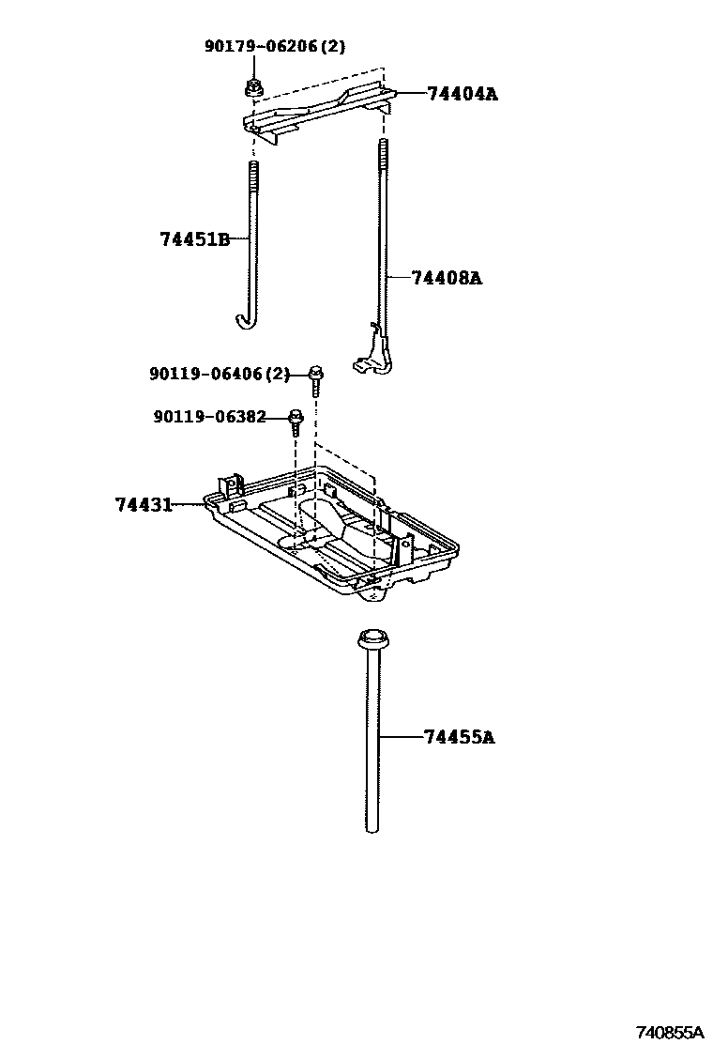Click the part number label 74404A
tap(462, 94)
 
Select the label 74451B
tap(194, 239)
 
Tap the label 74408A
tap(447, 278)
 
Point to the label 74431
tap(144, 505)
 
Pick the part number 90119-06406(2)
tap(220, 374)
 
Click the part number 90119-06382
tap(209, 416)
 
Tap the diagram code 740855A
tap(670, 1031)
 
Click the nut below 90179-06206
tap(252, 88)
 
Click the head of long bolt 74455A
tap(372, 640)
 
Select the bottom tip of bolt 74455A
tap(372, 828)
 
